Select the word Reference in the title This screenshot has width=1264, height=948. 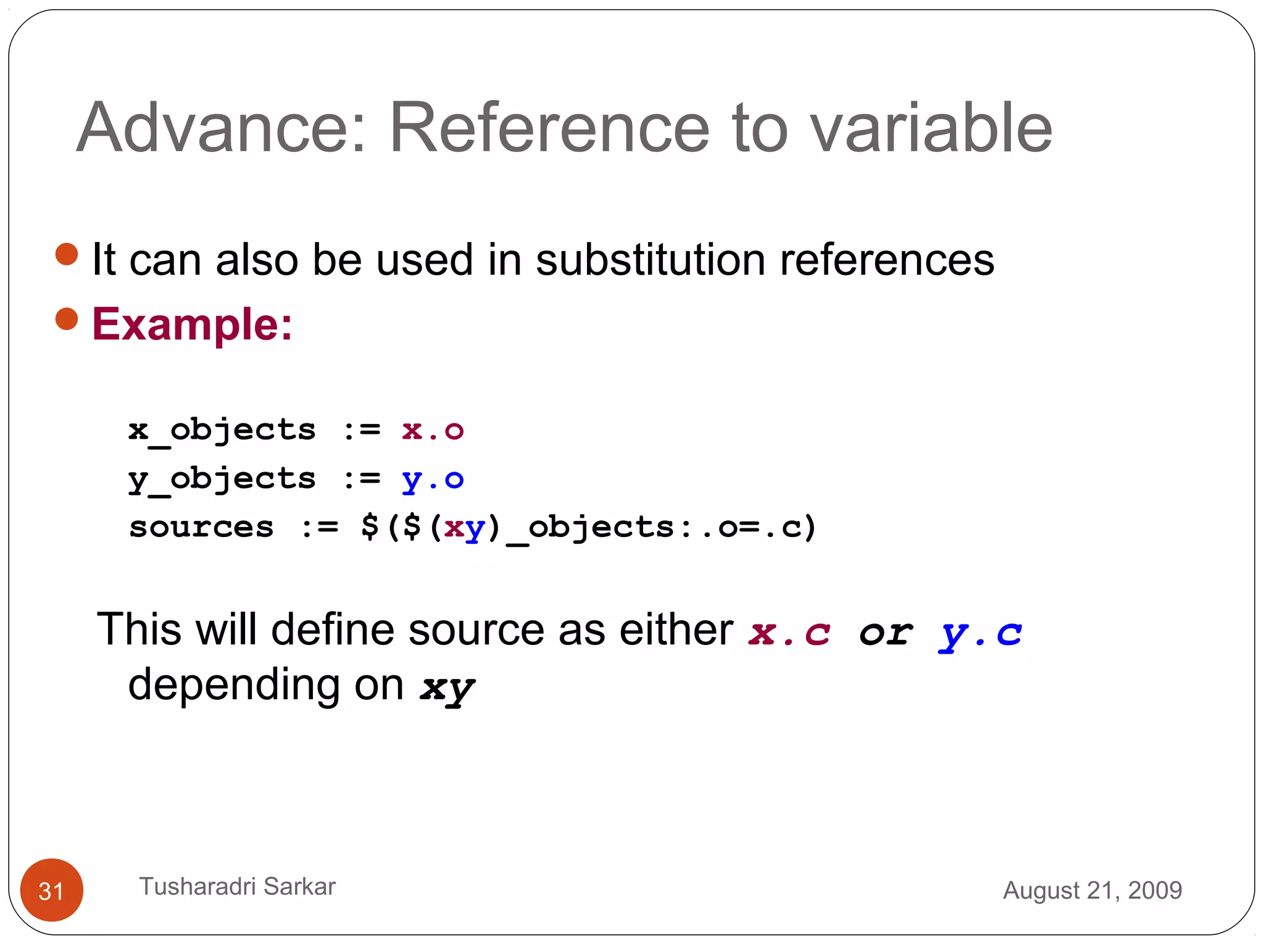[x=549, y=128]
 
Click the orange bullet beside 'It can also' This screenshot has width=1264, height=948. [x=67, y=254]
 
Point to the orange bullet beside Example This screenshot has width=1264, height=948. [x=67, y=319]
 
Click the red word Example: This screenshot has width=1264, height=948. [x=192, y=324]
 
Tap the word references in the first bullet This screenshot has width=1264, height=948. [x=887, y=259]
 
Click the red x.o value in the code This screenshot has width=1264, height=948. [x=433, y=430]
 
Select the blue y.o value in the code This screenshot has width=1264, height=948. [x=433, y=480]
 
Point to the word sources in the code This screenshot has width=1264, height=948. [x=201, y=528]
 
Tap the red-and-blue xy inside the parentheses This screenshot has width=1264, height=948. [x=465, y=528]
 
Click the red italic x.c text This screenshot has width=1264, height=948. [x=789, y=633]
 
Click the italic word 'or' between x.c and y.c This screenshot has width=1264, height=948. [x=886, y=633]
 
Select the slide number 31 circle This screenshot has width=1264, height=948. [x=52, y=890]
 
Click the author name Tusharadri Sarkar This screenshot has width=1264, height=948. [x=238, y=886]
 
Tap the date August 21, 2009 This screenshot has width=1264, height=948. [x=1092, y=890]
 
